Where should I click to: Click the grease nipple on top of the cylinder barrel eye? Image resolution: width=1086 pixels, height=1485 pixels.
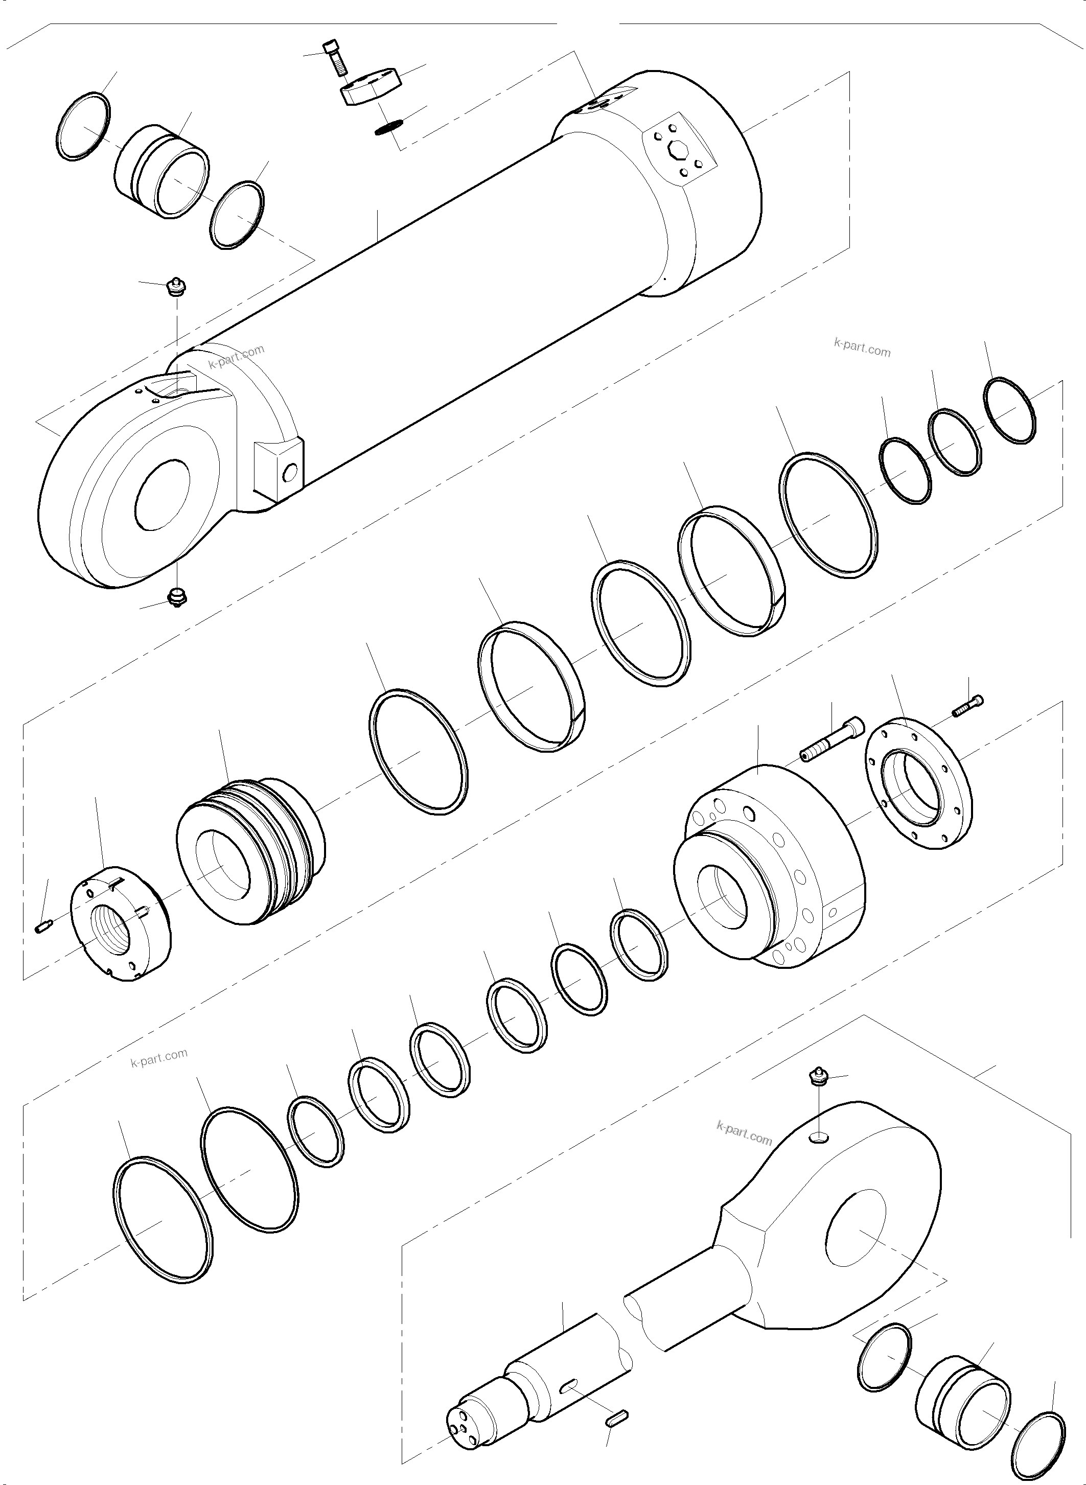click(175, 288)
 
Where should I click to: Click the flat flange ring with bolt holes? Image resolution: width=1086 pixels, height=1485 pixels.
click(917, 785)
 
